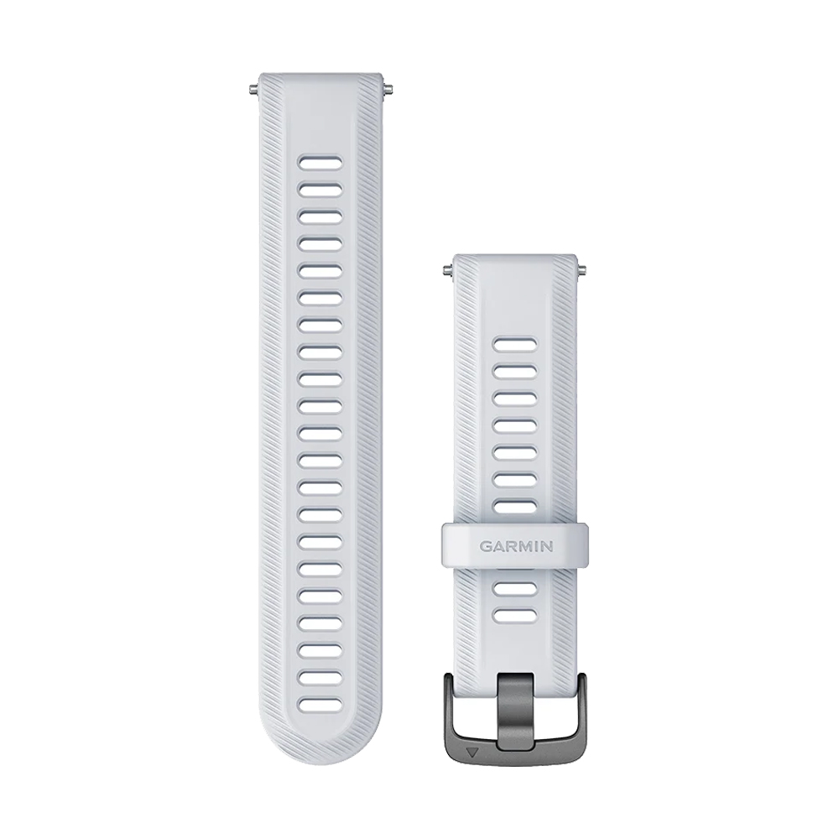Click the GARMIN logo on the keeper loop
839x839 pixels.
516,546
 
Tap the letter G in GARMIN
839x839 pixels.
485,546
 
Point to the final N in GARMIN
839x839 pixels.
547,546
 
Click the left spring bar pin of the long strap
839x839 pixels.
254,89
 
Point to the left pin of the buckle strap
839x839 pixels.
447,270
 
